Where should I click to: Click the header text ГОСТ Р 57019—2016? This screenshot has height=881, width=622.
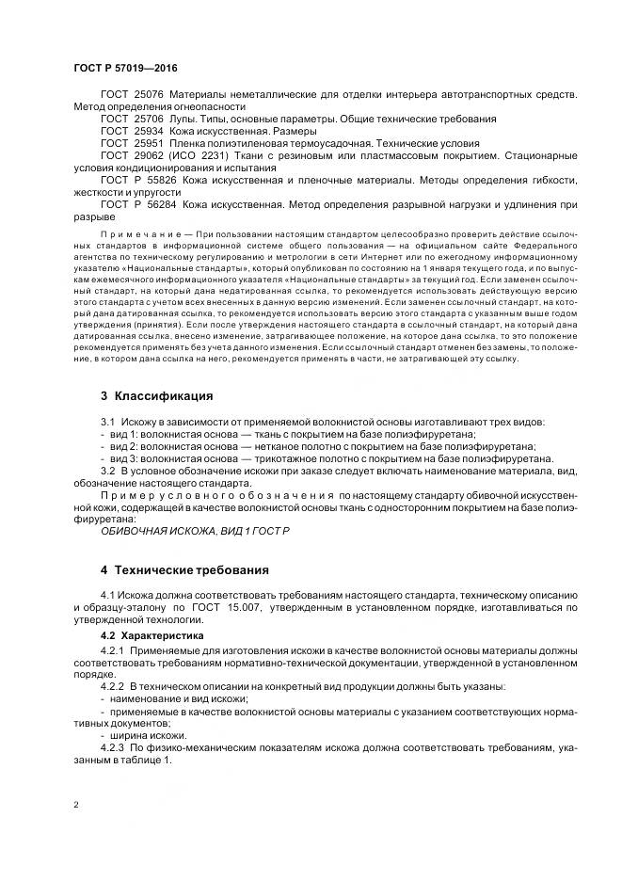(124, 69)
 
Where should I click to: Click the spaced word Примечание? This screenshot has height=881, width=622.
(140, 231)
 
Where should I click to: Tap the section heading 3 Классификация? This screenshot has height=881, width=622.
(156, 395)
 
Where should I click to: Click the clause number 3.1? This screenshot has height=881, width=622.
(107, 423)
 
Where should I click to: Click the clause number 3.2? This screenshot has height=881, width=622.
(107, 472)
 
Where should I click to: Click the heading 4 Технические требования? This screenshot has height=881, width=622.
(184, 569)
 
